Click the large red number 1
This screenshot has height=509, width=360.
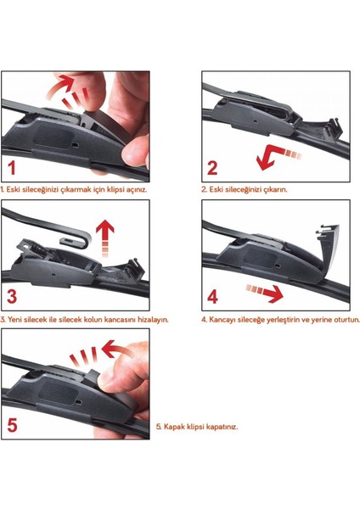click(x=12, y=168)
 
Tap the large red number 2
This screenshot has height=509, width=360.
click(x=212, y=168)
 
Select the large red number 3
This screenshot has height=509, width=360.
click(x=12, y=297)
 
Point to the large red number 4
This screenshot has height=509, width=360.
click(x=212, y=297)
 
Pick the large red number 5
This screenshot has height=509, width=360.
click(x=12, y=425)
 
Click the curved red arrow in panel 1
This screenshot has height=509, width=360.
click(x=59, y=85)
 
